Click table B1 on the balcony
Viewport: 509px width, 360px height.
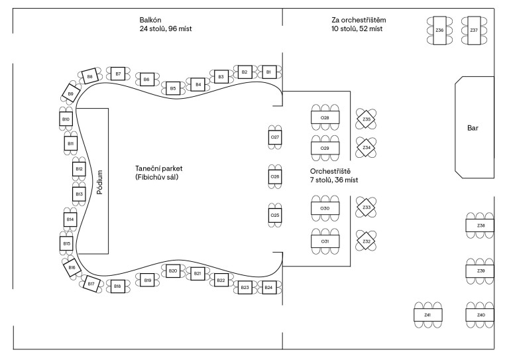tap(268, 71)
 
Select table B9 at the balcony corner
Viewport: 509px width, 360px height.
tap(70, 93)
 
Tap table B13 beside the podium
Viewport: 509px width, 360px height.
tap(79, 194)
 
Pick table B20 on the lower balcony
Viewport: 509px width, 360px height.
tap(172, 271)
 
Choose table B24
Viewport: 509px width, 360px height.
tap(268, 288)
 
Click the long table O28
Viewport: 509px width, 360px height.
tap(325, 117)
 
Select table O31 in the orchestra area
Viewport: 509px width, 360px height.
tap(325, 241)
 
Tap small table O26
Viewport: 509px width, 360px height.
tap(275, 177)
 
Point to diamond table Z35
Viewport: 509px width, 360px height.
tap(367, 119)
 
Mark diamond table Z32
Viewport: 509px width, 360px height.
tap(367, 241)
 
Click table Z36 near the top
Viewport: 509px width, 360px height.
tap(439, 30)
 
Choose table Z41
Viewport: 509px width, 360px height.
tap(427, 314)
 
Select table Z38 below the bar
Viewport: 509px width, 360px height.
tap(481, 226)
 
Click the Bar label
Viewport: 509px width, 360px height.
tap(473, 127)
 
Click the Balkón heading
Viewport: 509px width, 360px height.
tap(150, 20)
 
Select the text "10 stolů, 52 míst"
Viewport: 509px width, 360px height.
tap(358, 29)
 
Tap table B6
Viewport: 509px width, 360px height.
tap(146, 79)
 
